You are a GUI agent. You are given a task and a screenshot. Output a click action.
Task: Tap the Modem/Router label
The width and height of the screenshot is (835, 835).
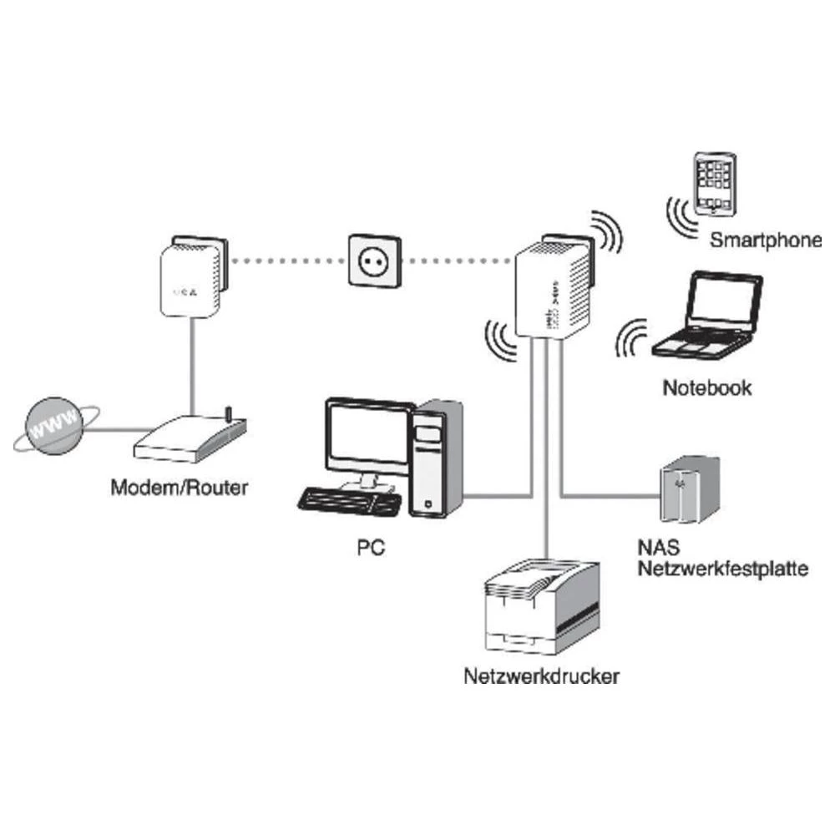[x=180, y=488]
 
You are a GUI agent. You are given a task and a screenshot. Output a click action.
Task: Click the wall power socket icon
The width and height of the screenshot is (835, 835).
[x=373, y=261]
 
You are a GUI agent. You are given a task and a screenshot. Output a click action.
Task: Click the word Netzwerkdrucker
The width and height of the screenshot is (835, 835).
[x=541, y=676]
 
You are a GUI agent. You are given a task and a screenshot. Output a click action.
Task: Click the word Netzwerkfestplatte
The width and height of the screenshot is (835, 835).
[x=722, y=571]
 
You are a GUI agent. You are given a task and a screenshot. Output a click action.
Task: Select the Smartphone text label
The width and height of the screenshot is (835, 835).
[x=766, y=242]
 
